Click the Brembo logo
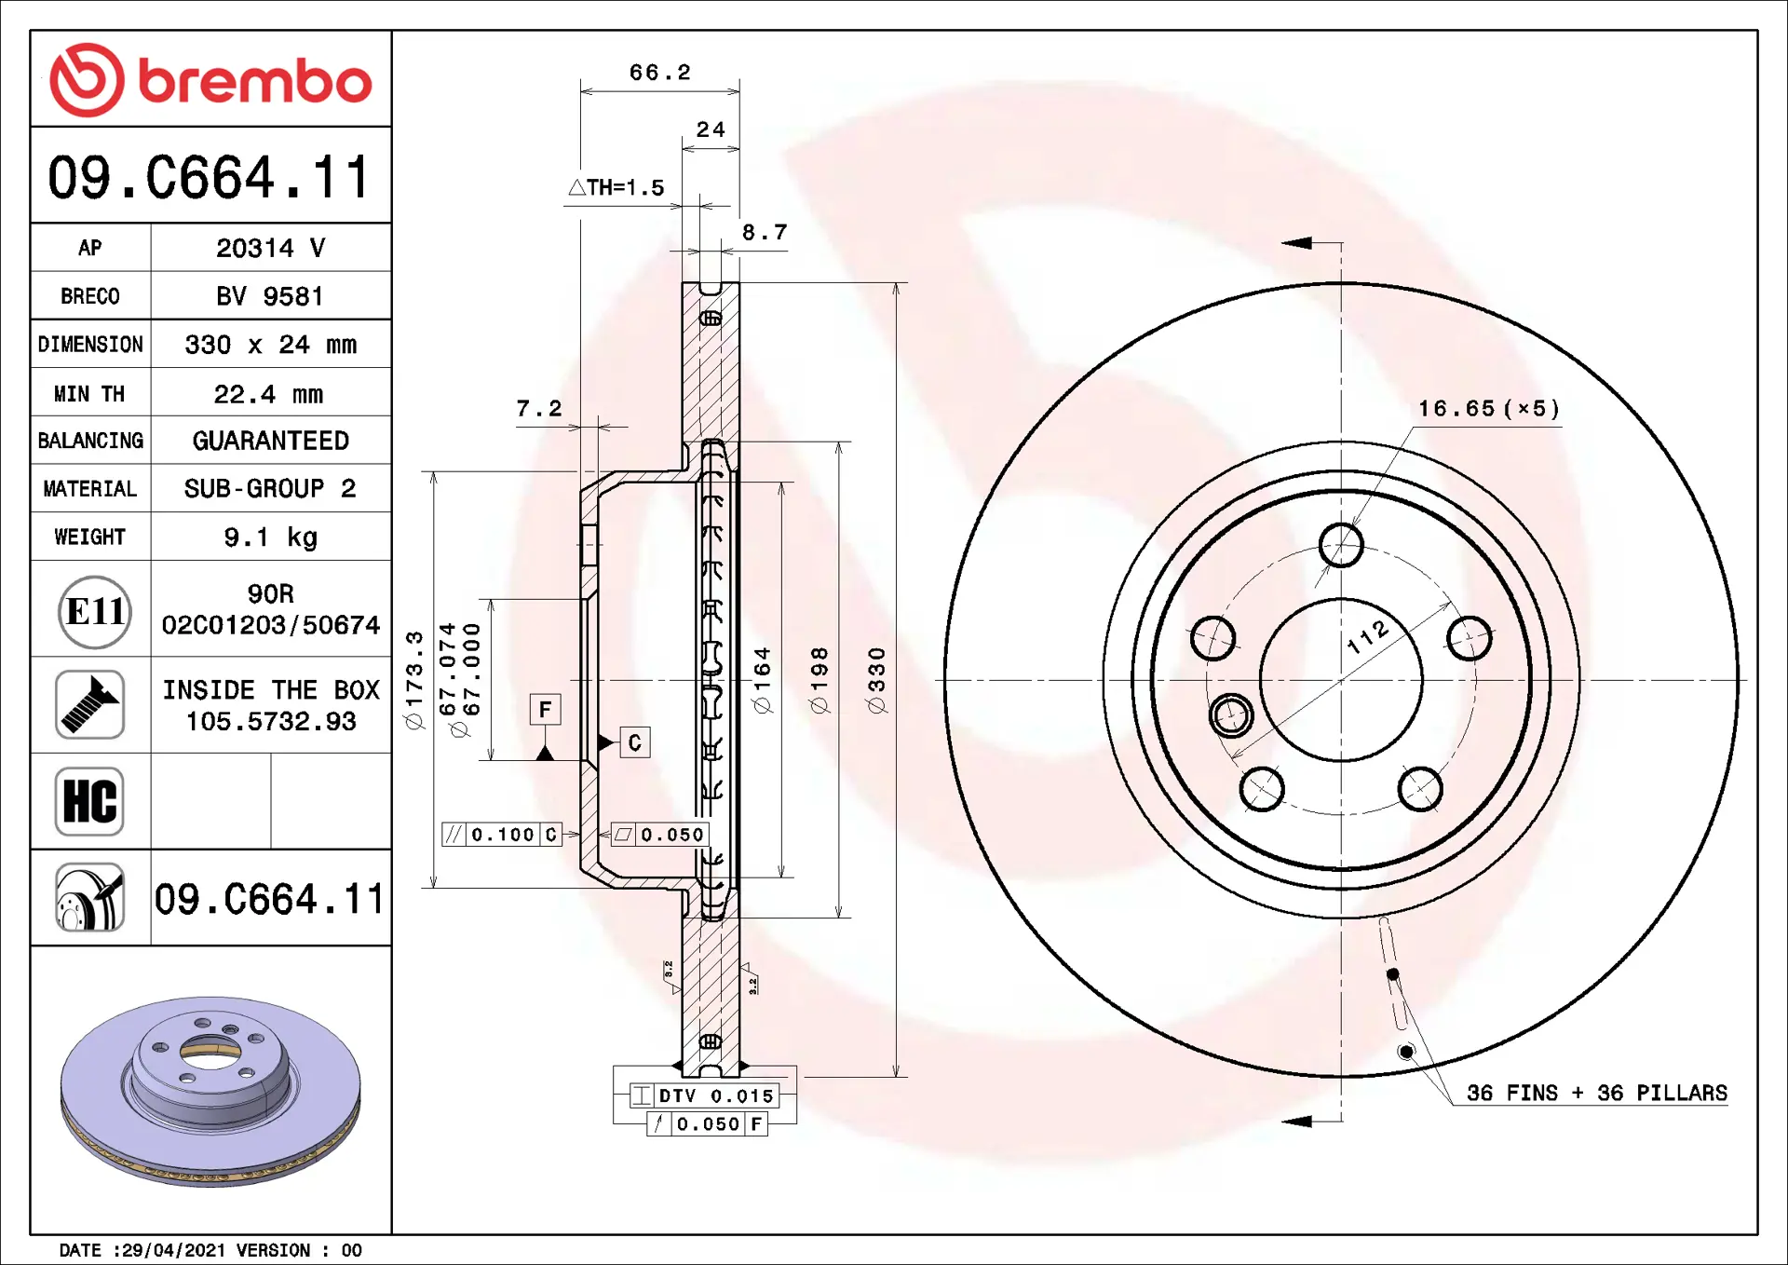pyautogui.click(x=210, y=80)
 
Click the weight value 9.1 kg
pyautogui.click(x=271, y=537)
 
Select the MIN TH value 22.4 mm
pyautogui.click(x=268, y=394)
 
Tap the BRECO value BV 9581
pyautogui.click(x=270, y=296)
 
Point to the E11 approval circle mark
pyautogui.click(x=94, y=612)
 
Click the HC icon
pyautogui.click(x=89, y=801)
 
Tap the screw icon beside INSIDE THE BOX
pyautogui.click(x=89, y=704)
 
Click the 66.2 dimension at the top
pyautogui.click(x=660, y=73)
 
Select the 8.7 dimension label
pyautogui.click(x=765, y=232)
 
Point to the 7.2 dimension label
pyautogui.click(x=539, y=408)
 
